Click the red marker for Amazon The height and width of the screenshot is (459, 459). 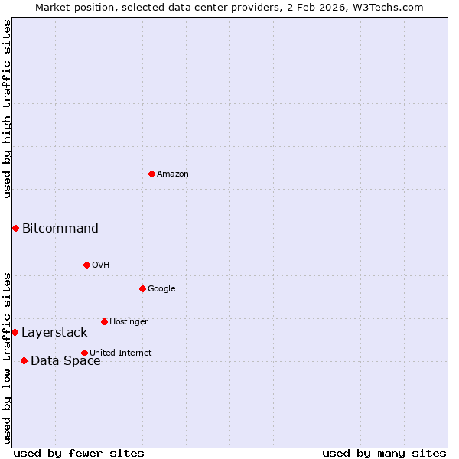tap(151, 174)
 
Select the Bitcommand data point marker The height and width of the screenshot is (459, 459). tap(15, 228)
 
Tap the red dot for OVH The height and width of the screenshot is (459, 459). tap(86, 265)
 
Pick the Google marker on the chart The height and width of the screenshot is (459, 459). tap(142, 288)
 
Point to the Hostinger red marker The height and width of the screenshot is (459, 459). tap(104, 321)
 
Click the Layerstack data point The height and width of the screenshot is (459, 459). tap(15, 332)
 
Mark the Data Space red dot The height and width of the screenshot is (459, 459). tap(24, 360)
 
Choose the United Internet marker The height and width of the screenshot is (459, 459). tap(84, 353)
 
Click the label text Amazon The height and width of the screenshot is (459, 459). tap(173, 174)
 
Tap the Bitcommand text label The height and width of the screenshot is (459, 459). tap(60, 228)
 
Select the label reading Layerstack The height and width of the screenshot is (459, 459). tap(54, 332)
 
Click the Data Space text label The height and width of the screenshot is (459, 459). tap(66, 361)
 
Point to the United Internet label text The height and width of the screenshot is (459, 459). tap(121, 353)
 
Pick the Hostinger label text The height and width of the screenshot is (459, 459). tap(129, 321)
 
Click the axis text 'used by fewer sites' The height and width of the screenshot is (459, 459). tap(79, 453)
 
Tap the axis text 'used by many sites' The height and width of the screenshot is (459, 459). tap(384, 453)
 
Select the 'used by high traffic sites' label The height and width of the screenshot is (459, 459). tap(7, 109)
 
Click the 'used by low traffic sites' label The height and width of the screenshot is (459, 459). tap(7, 357)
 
